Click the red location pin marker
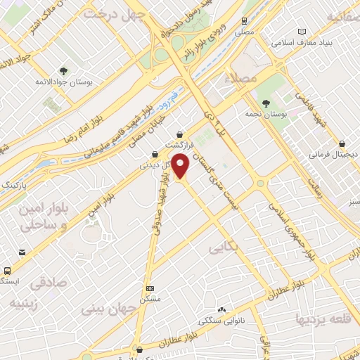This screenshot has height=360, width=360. click(x=181, y=165)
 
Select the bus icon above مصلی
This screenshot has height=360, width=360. click(x=244, y=21)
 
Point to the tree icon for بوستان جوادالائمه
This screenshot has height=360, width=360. click(x=64, y=71)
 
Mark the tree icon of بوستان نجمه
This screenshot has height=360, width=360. click(x=265, y=103)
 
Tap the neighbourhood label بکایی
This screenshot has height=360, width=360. click(x=224, y=248)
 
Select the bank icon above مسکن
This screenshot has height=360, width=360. click(x=149, y=288)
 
